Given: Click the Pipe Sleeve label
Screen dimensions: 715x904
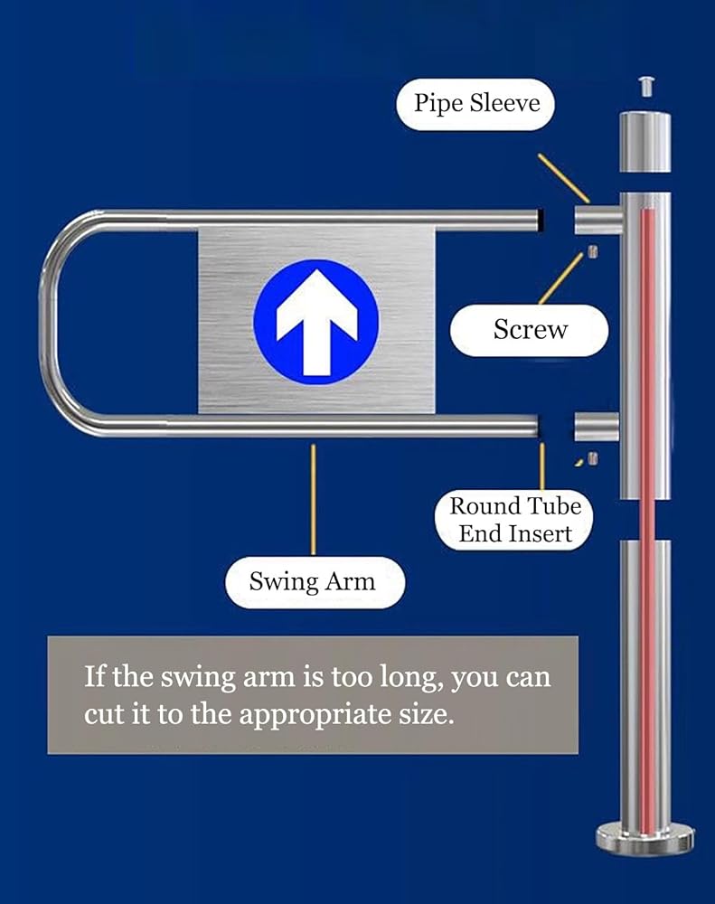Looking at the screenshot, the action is (x=475, y=104).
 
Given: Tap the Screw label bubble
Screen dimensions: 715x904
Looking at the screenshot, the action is (x=530, y=330).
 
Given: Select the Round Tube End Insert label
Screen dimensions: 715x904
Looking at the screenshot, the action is (x=514, y=520).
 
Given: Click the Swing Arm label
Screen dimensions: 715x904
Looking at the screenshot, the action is (x=315, y=582).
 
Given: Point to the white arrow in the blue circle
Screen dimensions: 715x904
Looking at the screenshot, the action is (x=316, y=323).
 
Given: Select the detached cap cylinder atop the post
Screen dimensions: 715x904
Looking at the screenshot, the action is (x=645, y=142).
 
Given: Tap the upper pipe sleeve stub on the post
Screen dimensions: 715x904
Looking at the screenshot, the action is (x=597, y=220).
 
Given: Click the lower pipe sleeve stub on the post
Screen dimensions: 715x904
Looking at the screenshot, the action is (x=597, y=428).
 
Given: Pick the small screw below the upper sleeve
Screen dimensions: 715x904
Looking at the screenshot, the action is (x=592, y=251).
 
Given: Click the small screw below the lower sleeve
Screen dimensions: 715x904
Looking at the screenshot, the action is (x=592, y=459).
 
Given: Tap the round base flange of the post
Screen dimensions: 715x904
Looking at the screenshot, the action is (x=644, y=840).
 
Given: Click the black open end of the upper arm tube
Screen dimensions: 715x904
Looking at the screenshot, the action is (x=541, y=221).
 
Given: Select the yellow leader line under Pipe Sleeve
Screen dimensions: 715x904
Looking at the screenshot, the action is (x=563, y=178).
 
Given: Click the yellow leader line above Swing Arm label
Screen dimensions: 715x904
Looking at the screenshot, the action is (x=313, y=499).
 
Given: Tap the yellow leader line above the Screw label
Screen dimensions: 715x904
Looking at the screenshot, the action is (x=561, y=278).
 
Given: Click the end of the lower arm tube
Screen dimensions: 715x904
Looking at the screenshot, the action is (x=537, y=427).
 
